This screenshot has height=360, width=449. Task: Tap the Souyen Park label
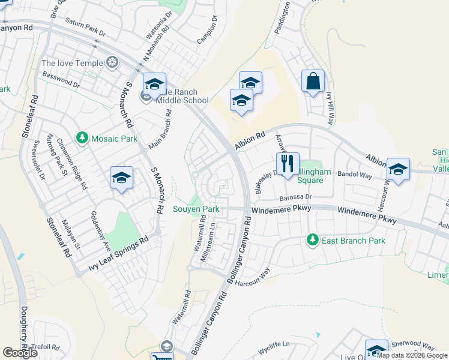[x=196, y=209]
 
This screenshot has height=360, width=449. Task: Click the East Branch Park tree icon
[x=312, y=240]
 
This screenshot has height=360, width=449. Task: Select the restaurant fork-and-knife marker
[x=288, y=163]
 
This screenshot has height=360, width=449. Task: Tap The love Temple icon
[x=112, y=62]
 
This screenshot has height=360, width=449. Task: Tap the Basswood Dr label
[x=61, y=80]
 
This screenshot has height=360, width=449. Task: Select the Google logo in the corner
[x=20, y=353]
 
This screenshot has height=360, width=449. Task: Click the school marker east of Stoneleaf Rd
[x=121, y=178]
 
